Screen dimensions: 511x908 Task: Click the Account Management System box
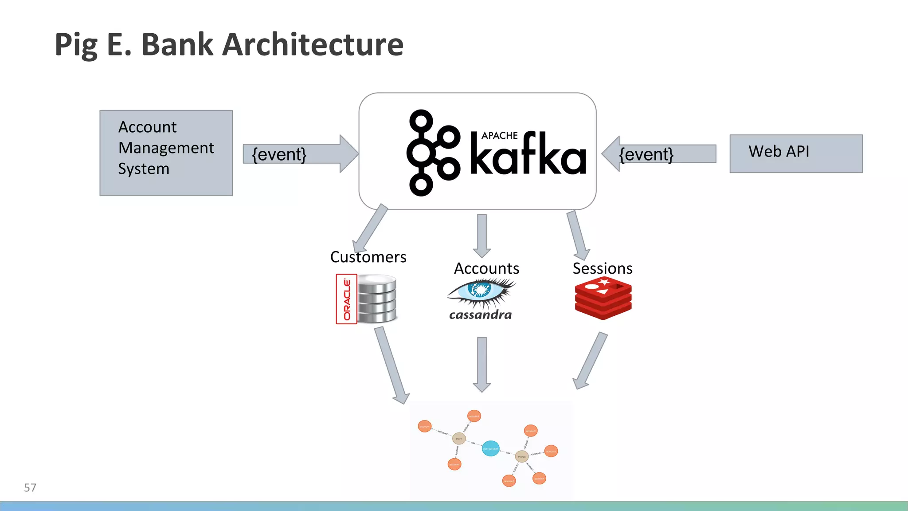166,153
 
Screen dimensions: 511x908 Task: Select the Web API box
796,153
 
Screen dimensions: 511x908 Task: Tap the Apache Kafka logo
497,153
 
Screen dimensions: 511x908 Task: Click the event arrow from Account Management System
301,154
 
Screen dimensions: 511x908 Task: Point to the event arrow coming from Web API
659,154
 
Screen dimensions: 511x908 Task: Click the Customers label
368,257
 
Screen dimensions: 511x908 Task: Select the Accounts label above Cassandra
486,268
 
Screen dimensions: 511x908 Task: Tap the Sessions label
603,268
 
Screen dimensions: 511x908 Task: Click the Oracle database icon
367,299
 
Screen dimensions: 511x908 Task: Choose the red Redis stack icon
603,298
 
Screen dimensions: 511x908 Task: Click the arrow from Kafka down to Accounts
482,235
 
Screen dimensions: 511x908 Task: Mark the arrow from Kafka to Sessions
578,235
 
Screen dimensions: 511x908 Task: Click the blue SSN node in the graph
490,448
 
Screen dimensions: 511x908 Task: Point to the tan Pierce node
522,456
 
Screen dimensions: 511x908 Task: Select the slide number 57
30,487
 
